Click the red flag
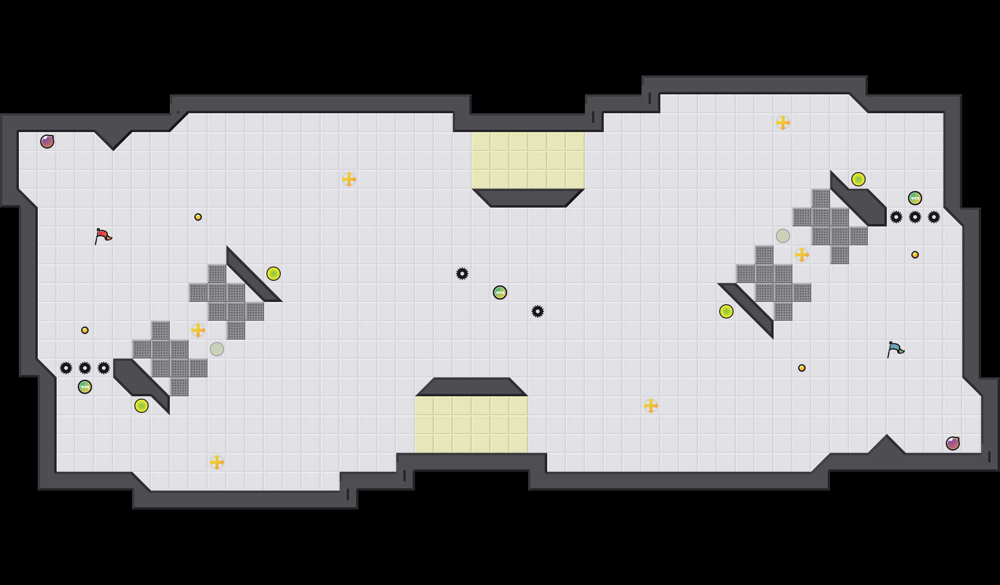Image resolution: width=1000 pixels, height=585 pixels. click(x=102, y=235)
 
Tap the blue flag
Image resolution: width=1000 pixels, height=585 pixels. click(x=894, y=349)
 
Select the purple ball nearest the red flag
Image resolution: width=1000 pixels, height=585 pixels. click(x=47, y=142)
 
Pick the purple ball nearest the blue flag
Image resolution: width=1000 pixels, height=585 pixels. click(x=953, y=443)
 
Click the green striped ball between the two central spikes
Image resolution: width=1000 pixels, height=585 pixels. click(x=500, y=292)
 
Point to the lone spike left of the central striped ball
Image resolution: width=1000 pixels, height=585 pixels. click(x=462, y=274)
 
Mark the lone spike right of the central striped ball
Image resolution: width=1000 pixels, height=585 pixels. click(x=538, y=311)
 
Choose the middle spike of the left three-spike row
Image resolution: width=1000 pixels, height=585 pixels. click(x=85, y=368)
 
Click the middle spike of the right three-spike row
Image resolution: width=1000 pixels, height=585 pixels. click(x=915, y=217)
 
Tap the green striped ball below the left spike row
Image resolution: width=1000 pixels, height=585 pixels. click(x=85, y=387)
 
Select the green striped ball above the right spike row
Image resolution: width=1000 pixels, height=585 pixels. click(x=915, y=198)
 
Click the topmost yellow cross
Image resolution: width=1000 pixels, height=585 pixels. click(x=783, y=123)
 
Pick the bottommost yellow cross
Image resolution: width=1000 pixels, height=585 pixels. click(x=217, y=462)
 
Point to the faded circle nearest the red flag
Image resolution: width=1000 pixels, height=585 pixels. click(x=217, y=349)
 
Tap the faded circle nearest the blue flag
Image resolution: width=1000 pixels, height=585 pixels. click(x=783, y=236)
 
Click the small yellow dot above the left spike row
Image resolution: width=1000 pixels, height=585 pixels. click(x=85, y=330)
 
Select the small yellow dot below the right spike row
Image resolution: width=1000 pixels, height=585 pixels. click(x=915, y=255)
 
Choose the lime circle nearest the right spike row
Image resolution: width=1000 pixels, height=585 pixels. click(x=858, y=179)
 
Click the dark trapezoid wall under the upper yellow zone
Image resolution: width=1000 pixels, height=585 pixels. click(x=528, y=198)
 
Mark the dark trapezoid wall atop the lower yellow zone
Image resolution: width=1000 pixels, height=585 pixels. click(x=472, y=386)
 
